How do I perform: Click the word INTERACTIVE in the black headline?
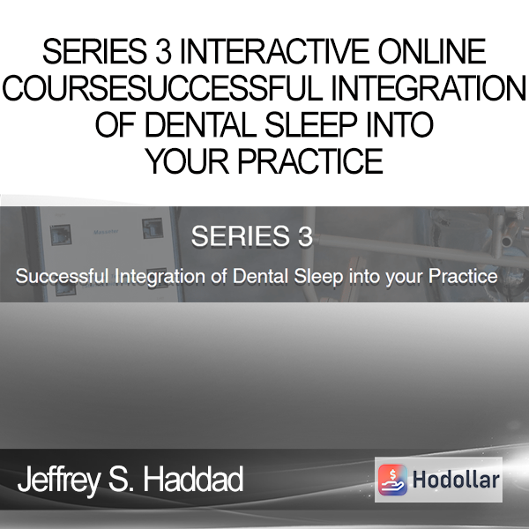[274, 51]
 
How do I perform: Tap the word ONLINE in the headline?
[432, 51]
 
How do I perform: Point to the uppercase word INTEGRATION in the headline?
[428, 88]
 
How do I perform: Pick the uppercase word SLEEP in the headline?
[310, 124]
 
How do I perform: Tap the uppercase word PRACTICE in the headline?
[310, 161]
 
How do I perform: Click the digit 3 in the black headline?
[164, 51]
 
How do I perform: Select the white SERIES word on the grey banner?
[240, 236]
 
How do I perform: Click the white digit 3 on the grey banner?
[305, 236]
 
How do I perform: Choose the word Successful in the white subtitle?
[62, 276]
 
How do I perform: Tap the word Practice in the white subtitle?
[463, 276]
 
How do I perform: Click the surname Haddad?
[193, 479]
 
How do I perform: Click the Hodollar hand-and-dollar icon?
[392, 480]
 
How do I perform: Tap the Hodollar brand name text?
[456, 480]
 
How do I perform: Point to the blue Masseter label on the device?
[106, 232]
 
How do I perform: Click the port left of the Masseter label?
[60, 235]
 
